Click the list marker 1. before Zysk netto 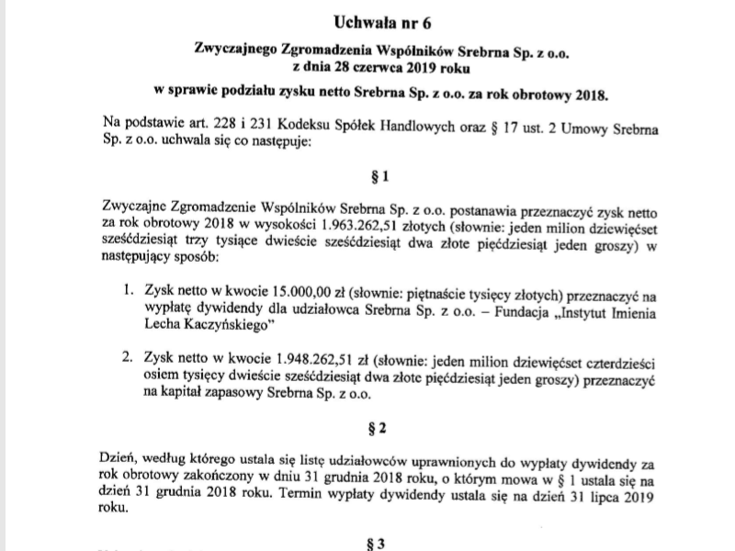tap(129, 290)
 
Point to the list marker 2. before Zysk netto tap(129, 356)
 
